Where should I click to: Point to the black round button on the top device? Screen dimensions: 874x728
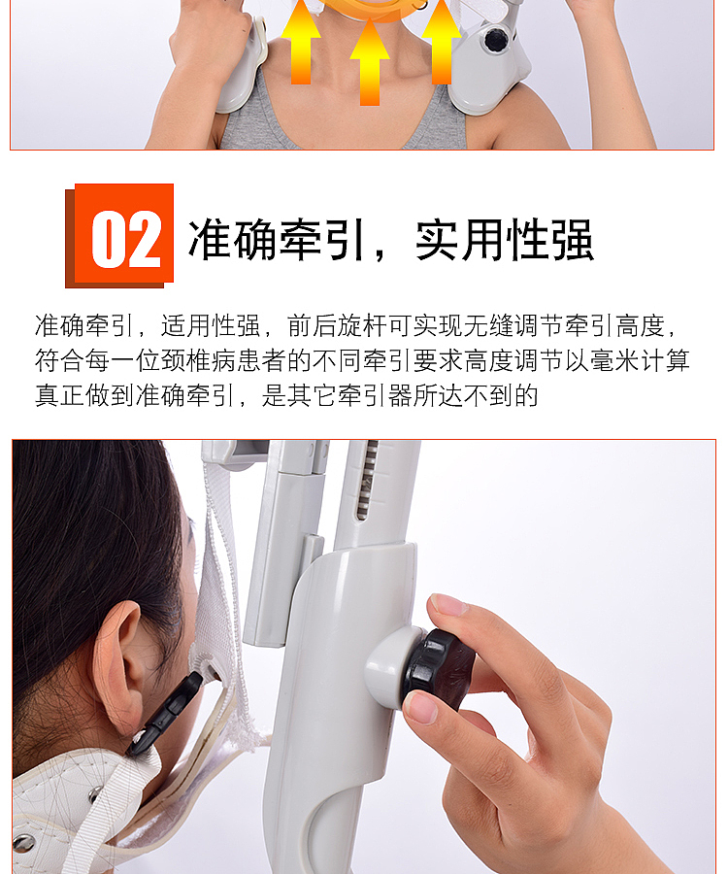(x=497, y=40)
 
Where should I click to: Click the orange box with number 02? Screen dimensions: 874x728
(x=123, y=236)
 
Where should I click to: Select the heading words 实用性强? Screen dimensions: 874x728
(x=504, y=239)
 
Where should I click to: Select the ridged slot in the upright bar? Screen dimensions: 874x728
(x=368, y=481)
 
